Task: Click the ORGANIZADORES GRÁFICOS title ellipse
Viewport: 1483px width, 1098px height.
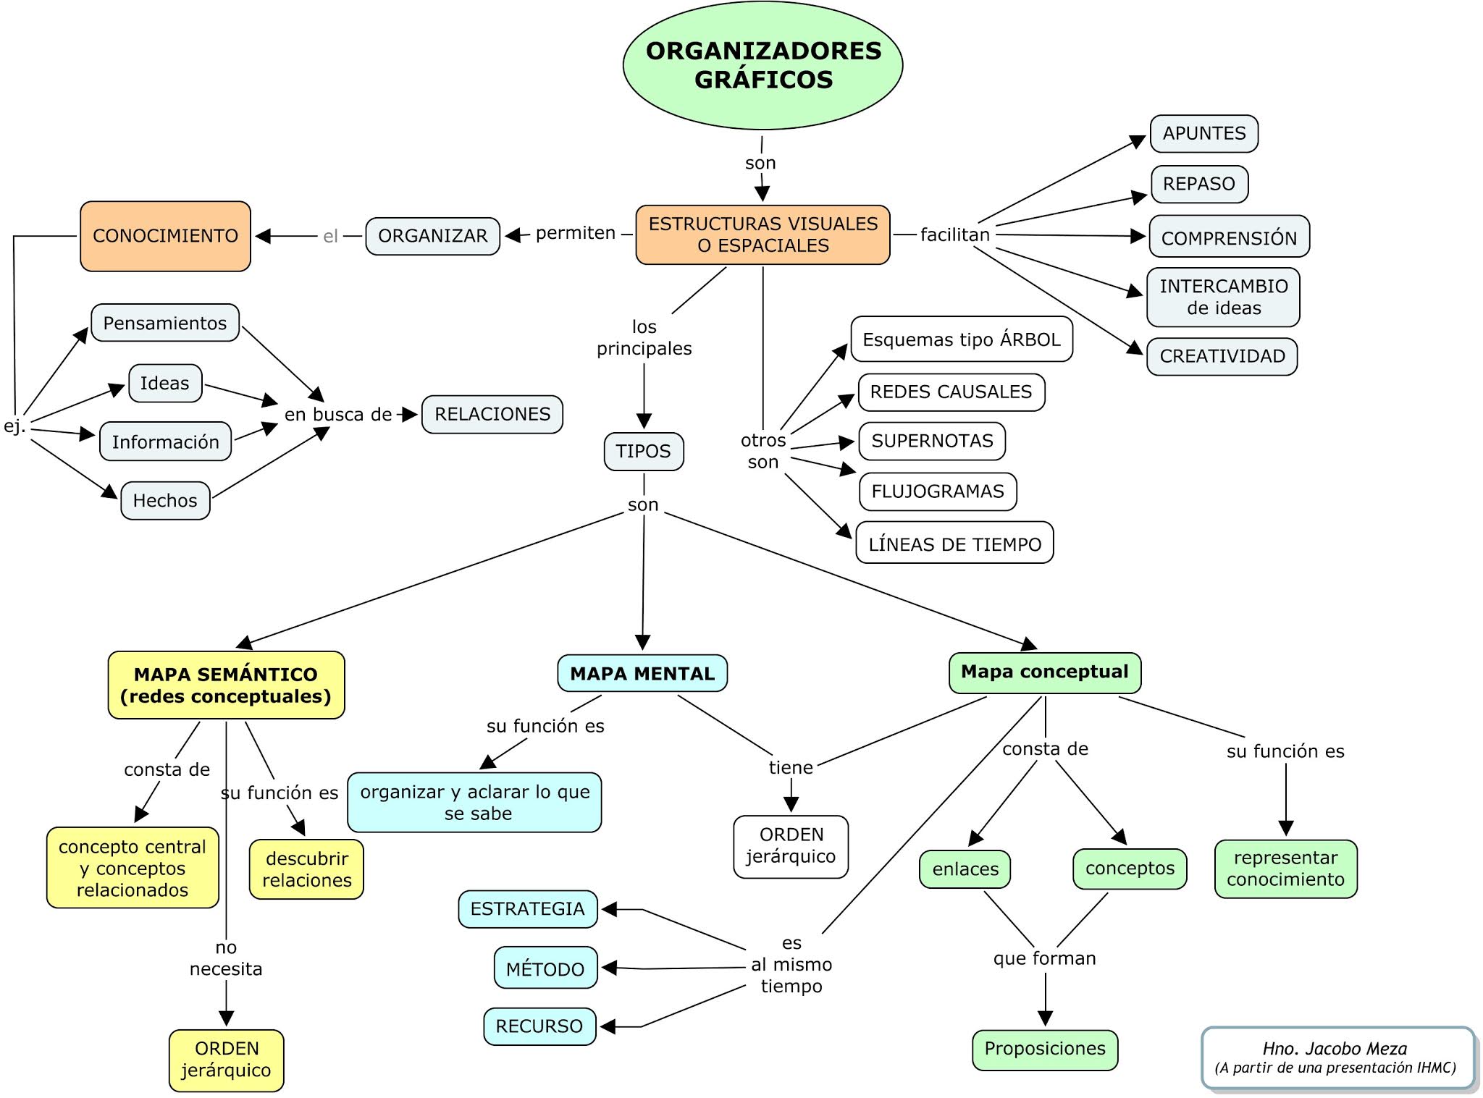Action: point(762,65)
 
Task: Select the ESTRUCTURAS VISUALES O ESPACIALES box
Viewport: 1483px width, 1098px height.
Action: point(762,235)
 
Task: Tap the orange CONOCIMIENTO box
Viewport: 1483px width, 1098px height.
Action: point(165,236)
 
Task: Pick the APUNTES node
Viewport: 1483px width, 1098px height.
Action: point(1203,133)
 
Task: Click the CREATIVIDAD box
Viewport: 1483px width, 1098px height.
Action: point(1222,356)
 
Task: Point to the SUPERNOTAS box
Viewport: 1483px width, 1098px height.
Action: point(932,441)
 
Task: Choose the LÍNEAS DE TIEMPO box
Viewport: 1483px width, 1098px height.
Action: point(954,544)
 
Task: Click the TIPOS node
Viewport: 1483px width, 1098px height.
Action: point(643,452)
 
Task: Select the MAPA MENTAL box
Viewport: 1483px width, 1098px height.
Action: point(642,673)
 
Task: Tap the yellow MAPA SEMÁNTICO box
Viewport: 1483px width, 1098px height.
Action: point(226,685)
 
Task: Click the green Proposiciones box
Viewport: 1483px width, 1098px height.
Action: point(1044,1049)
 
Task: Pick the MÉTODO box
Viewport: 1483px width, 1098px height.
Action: point(545,968)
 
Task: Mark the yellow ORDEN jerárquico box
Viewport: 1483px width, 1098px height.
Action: point(226,1060)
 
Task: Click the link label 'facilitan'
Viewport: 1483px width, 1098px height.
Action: point(954,235)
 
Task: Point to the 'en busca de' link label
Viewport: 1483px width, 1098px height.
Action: point(337,415)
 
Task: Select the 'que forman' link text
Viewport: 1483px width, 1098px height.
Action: point(1044,958)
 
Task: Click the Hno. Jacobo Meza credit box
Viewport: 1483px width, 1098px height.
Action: point(1337,1057)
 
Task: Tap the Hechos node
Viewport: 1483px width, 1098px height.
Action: point(165,500)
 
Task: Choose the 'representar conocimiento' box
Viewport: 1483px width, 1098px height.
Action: point(1285,869)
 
